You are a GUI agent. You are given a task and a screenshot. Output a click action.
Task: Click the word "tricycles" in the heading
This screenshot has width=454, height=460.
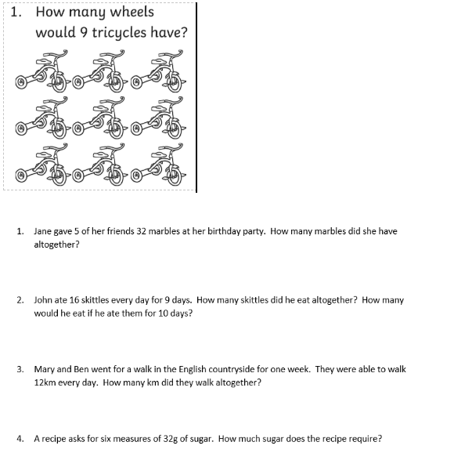(x=119, y=33)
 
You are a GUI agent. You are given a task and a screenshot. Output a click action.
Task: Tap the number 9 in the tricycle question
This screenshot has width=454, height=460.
(x=84, y=32)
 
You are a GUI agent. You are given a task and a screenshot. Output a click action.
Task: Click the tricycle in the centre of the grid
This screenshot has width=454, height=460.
(x=99, y=118)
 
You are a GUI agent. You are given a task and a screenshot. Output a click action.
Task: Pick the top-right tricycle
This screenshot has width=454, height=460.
(x=157, y=71)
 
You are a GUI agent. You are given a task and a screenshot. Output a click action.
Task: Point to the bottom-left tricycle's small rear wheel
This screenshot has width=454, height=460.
(x=21, y=176)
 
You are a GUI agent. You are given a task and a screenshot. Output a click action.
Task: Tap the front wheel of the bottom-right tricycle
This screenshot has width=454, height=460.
(x=175, y=175)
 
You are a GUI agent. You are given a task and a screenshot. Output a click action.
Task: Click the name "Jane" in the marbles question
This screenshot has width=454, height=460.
(x=40, y=231)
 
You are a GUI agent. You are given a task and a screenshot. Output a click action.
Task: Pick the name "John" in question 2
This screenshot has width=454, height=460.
(x=41, y=300)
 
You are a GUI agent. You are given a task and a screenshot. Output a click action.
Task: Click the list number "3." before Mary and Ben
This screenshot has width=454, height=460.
(x=20, y=369)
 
